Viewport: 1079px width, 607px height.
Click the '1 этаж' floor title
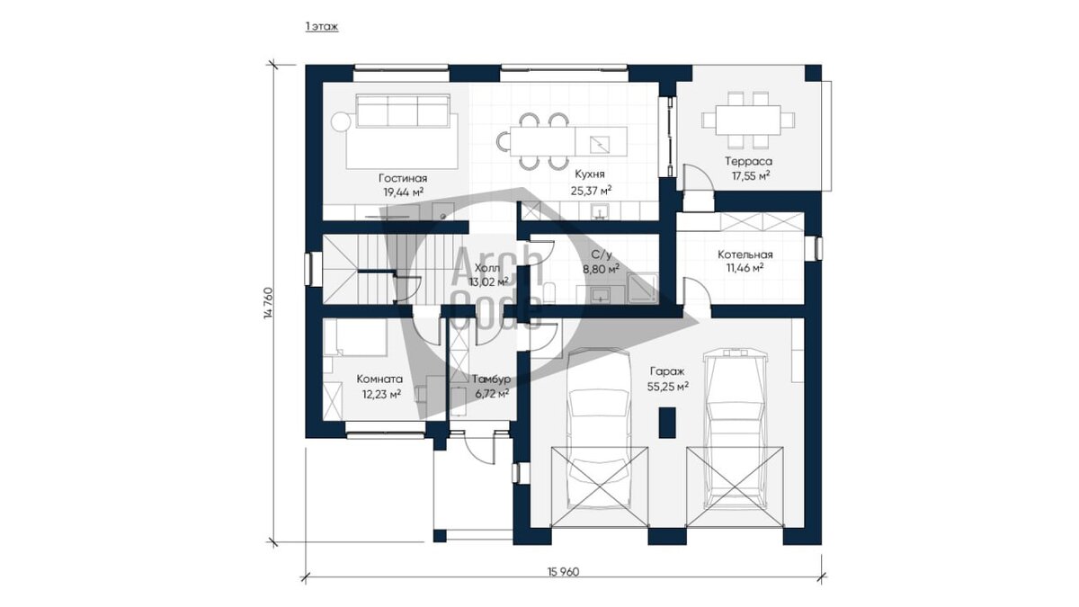pos(322,27)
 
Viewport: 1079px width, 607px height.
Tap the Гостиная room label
pos(403,178)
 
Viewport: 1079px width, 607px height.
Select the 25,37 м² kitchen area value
pos(592,191)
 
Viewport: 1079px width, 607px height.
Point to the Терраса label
pos(748,161)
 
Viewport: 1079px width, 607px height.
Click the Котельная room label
pos(745,254)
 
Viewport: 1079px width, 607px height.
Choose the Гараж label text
pos(667,371)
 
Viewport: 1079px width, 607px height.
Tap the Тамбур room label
pos(491,379)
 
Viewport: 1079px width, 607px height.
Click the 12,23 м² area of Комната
pos(381,395)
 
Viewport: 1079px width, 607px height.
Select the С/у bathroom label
pos(602,254)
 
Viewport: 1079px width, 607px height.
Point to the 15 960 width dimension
pos(563,572)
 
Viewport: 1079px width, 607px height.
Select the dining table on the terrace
pos(748,120)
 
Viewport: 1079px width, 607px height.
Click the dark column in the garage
pos(667,422)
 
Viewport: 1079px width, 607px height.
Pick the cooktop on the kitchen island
pos(600,144)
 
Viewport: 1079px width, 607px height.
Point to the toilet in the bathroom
pos(549,293)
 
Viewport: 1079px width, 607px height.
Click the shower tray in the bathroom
pos(643,288)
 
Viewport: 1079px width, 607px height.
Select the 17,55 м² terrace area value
pos(751,175)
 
